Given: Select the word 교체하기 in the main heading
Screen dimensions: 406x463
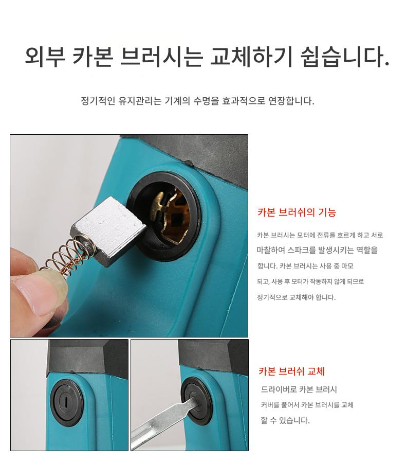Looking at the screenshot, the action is [x=251, y=56].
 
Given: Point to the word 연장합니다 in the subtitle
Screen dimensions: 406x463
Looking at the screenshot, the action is [x=291, y=101].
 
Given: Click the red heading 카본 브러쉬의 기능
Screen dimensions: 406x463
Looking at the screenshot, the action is [x=297, y=212].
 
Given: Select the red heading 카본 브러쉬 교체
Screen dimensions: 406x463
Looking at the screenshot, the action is [x=291, y=371].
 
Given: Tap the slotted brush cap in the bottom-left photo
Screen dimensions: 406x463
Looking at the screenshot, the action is [x=66, y=402].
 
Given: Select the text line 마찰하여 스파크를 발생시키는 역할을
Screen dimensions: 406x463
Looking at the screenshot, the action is [x=317, y=250].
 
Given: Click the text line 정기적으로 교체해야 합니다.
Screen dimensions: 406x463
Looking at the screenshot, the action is [x=296, y=297].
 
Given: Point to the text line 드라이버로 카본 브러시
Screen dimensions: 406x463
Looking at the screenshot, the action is [x=299, y=389].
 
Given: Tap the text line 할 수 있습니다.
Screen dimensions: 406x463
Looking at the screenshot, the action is [x=285, y=420].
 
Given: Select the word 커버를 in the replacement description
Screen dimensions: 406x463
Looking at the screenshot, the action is [x=270, y=404].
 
